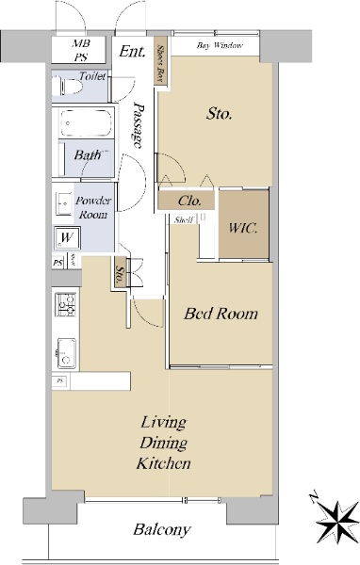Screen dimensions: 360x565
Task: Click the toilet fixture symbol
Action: pos(67,87)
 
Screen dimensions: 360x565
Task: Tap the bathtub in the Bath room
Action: pos(86,123)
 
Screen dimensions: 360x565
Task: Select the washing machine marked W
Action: pos(67,238)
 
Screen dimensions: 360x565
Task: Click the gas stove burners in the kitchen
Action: pos(65,305)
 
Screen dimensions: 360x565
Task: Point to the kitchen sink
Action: pos(66,353)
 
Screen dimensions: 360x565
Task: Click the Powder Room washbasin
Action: pos(64,203)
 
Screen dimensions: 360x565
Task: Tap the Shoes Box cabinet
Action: pos(160,61)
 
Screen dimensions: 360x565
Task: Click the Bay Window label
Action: pos(220,45)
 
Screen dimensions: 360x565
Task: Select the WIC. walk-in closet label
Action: pos(243,228)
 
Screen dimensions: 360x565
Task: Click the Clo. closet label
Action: pos(189,201)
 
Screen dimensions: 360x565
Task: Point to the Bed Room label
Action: pos(221,314)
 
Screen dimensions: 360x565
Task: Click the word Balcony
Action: pos(161,529)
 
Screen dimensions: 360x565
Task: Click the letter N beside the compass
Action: pos(314,497)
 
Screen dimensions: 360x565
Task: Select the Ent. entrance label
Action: pos(132,51)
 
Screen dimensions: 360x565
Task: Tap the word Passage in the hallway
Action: pos(138,125)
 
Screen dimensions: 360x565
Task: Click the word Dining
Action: pos(163,443)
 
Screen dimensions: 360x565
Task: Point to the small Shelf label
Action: pos(184,219)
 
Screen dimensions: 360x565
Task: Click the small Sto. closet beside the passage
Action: pos(120,272)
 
